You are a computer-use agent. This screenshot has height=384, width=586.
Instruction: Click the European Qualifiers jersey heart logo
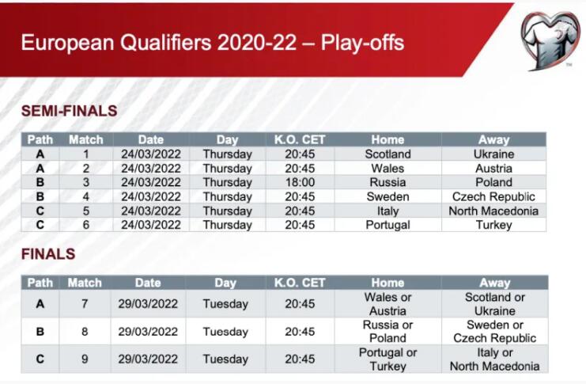click(x=551, y=40)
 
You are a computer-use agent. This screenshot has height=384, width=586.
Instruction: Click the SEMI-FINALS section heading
click(x=69, y=111)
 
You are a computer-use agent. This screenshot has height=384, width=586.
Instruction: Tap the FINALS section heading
click(x=48, y=254)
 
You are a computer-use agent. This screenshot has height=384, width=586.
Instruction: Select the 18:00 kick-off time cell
click(x=300, y=182)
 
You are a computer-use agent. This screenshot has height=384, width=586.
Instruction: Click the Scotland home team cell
click(x=388, y=154)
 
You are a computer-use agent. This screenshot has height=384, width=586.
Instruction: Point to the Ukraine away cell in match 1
click(x=493, y=154)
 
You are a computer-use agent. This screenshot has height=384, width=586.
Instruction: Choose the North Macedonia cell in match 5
click(x=493, y=211)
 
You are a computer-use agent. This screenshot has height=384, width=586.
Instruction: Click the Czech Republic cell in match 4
click(x=493, y=196)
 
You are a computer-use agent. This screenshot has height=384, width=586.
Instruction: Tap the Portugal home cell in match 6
click(x=388, y=225)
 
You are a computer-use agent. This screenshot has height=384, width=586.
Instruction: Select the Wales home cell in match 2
click(x=388, y=168)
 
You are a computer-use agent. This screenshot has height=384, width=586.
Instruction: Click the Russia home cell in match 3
click(x=388, y=182)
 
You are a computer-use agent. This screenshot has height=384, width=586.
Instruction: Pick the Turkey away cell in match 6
click(x=493, y=225)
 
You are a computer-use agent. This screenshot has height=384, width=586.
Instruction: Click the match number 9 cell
click(x=85, y=359)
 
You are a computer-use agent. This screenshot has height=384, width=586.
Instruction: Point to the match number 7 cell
click(x=85, y=303)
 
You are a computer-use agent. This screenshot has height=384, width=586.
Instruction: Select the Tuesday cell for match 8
click(x=225, y=332)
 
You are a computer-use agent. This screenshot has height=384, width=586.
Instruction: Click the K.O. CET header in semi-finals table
click(x=300, y=139)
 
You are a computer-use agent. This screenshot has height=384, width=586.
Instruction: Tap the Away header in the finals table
click(x=494, y=283)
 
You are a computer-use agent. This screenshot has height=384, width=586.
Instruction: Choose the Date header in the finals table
click(x=148, y=283)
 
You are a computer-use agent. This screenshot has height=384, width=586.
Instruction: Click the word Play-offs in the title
click(x=362, y=42)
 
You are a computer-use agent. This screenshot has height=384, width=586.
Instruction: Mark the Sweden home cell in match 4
click(x=388, y=196)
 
